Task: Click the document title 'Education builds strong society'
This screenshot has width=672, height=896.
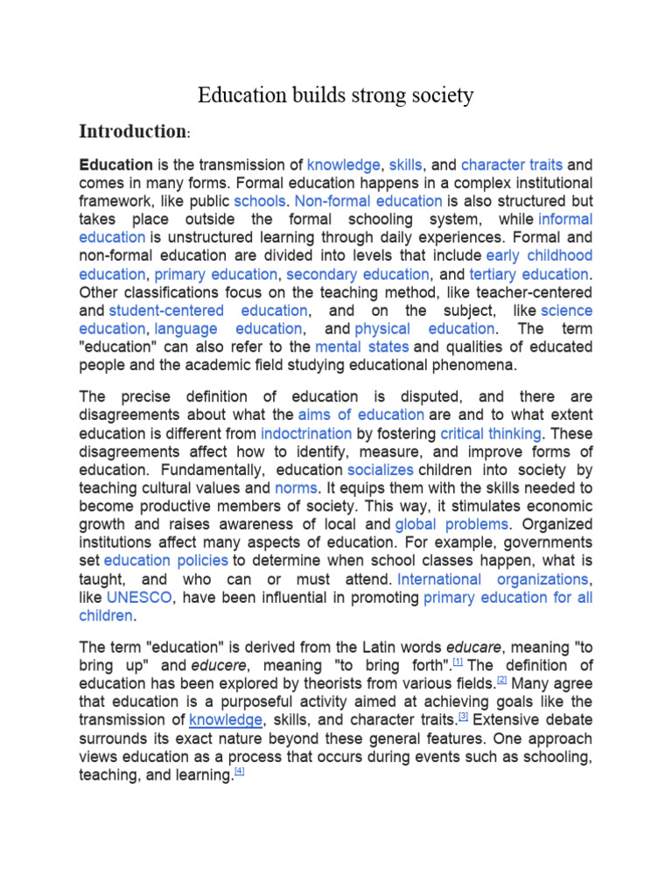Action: click(x=335, y=94)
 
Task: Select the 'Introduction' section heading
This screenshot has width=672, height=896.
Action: click(x=132, y=132)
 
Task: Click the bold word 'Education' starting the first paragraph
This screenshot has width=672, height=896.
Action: click(x=115, y=164)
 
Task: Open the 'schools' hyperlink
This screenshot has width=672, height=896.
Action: click(x=259, y=201)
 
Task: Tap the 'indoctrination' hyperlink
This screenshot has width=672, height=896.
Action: click(x=306, y=433)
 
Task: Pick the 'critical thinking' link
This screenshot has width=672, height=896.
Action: click(x=491, y=433)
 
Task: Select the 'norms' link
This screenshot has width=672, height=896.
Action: click(x=296, y=487)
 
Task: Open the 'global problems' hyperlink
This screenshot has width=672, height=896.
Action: click(x=451, y=524)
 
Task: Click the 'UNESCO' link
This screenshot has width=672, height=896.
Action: click(x=139, y=598)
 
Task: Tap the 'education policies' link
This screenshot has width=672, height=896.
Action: click(x=166, y=561)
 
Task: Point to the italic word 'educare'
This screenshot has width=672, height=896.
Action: click(x=477, y=647)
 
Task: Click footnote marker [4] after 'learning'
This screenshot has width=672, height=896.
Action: click(x=239, y=772)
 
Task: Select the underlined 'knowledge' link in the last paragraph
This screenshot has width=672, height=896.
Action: click(x=226, y=719)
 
